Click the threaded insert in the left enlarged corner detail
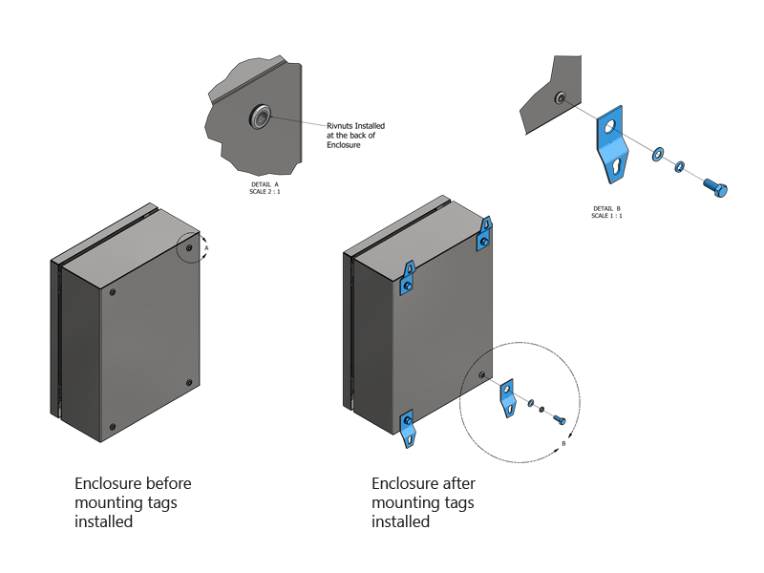(259, 117)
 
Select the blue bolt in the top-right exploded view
(715, 187)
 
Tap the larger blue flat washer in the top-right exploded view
(659, 155)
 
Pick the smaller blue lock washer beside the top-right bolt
(680, 167)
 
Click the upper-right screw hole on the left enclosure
(189, 248)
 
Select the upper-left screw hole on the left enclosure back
(113, 292)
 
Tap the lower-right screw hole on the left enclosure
(188, 382)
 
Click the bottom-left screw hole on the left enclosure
(113, 427)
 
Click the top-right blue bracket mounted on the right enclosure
(485, 234)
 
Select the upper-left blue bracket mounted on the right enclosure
(408, 278)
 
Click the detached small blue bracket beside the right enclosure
(508, 397)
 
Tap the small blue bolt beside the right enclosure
(560, 420)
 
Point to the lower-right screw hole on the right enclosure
(481, 374)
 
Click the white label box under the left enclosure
(128, 463)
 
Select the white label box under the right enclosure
(440, 468)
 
